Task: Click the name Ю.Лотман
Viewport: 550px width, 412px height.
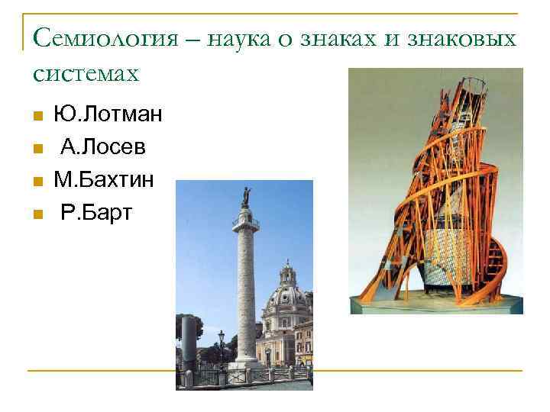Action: pyautogui.click(x=108, y=115)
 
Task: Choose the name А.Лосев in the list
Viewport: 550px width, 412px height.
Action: pyautogui.click(x=104, y=147)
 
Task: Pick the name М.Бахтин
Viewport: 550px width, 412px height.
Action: pyautogui.click(x=104, y=179)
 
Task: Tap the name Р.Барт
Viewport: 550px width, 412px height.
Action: pyautogui.click(x=96, y=211)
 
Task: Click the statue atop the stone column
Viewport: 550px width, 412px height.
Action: pyautogui.click(x=246, y=197)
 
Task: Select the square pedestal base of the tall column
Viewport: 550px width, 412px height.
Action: pyautogui.click(x=246, y=365)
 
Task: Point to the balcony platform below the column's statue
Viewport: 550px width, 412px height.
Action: pyautogui.click(x=246, y=222)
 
